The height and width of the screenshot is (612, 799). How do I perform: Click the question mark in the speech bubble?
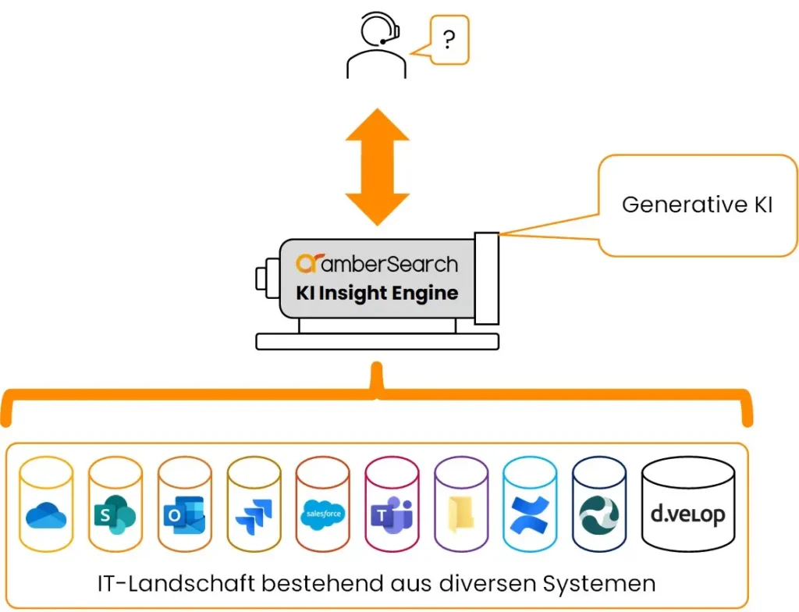tap(448, 39)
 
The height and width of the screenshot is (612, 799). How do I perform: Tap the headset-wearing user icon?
tap(377, 47)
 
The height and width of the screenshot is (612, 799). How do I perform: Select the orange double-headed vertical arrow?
tap(377, 167)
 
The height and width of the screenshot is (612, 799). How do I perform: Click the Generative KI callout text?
tap(697, 205)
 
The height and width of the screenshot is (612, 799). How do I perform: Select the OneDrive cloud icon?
tap(46, 514)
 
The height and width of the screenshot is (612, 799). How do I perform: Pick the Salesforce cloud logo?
tap(322, 514)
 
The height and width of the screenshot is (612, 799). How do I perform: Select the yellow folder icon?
tap(460, 516)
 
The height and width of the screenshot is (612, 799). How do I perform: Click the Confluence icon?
tap(530, 515)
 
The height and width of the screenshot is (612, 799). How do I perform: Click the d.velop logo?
tap(687, 515)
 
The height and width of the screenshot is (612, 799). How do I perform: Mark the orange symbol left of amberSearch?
tap(307, 264)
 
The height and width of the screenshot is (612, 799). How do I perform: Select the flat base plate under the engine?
tap(377, 341)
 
